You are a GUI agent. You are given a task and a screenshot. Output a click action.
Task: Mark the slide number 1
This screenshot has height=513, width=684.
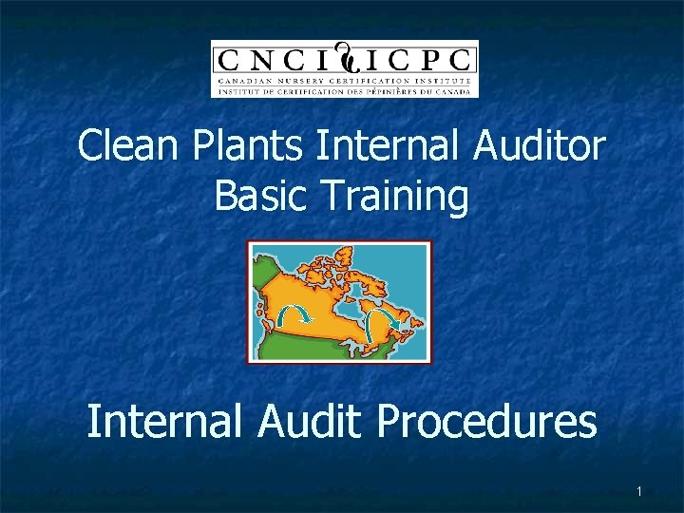(x=639, y=491)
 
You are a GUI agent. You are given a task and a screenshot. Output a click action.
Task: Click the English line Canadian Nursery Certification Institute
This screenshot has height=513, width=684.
(x=344, y=82)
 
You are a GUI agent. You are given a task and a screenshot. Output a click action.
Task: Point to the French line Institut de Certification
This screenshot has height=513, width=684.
(x=344, y=91)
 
